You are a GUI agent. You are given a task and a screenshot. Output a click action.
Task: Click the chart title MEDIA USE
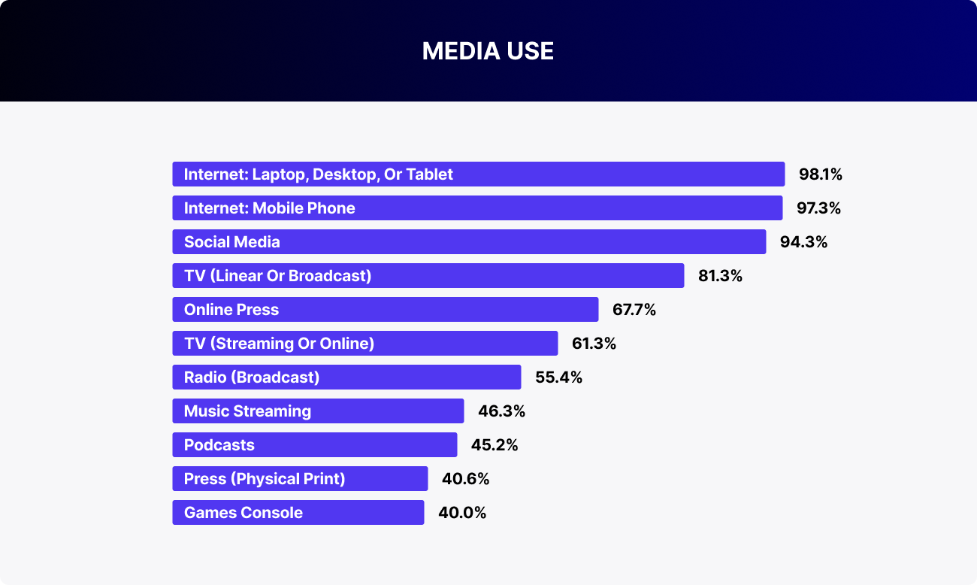point(488,50)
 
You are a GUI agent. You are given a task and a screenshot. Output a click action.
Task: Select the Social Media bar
point(469,242)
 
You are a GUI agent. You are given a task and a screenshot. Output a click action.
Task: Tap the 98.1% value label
point(821,174)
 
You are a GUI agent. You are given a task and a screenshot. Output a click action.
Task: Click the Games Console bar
point(298,513)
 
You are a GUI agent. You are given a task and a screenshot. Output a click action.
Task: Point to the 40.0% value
point(463,513)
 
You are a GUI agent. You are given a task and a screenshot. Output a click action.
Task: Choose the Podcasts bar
point(314,445)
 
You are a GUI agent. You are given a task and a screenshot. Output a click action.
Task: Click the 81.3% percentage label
point(720,276)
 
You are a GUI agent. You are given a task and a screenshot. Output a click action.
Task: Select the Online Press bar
point(385,310)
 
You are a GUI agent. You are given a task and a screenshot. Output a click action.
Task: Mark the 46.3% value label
point(501,411)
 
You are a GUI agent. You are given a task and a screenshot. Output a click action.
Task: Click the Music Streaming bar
point(318,411)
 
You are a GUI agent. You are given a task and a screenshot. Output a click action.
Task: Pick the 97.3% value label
point(818,208)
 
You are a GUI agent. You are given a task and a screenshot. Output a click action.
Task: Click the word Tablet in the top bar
point(430,174)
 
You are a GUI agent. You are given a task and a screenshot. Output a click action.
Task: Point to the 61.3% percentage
point(594,344)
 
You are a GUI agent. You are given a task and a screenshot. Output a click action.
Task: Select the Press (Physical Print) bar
point(300,479)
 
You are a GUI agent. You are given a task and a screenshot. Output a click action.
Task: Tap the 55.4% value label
point(558,377)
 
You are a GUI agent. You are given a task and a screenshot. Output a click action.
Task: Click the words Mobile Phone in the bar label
point(304,208)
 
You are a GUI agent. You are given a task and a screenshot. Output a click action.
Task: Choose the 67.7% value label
point(634,310)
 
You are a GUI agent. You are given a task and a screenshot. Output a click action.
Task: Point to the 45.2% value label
point(495,445)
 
